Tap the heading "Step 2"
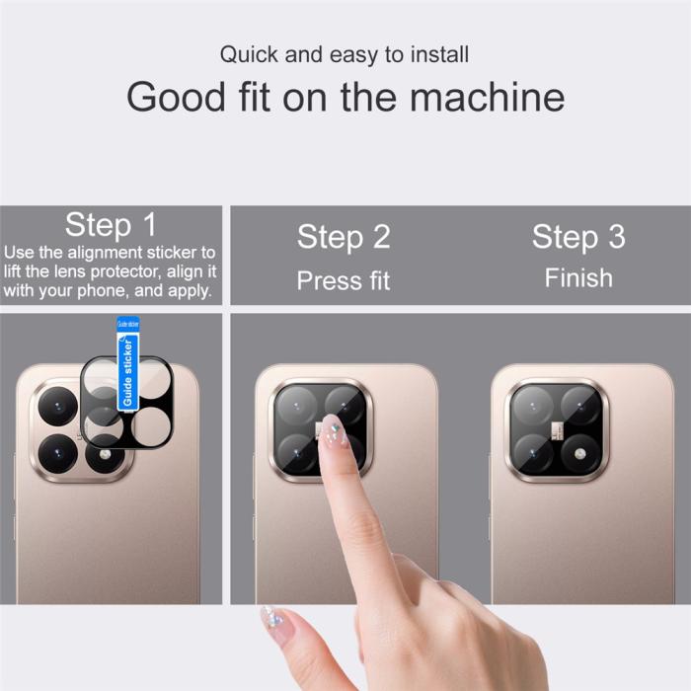point(344,237)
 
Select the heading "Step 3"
point(578,237)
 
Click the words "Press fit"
point(344,280)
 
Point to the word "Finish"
point(578,277)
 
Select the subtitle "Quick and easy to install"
point(345,53)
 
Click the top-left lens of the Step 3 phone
point(533,406)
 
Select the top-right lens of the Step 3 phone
point(581,406)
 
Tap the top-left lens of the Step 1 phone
point(57,405)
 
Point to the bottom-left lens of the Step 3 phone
point(533,453)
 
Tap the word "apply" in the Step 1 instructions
point(187,290)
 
